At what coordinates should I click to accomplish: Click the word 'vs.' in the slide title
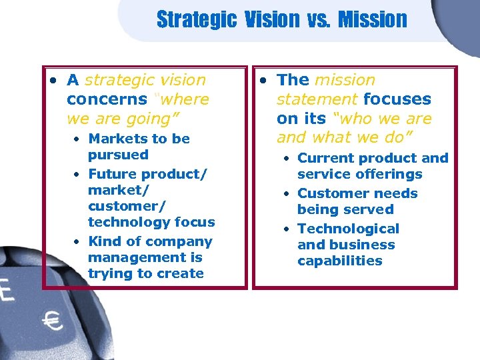318,19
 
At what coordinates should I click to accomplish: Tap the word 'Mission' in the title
372,19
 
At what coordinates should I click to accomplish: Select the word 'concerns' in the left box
107,99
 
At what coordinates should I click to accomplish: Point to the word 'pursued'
118,155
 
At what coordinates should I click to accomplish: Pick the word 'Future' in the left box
113,174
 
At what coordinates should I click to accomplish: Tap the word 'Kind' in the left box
105,241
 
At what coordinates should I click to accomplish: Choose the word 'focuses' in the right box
397,99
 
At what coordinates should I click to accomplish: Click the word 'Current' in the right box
323,158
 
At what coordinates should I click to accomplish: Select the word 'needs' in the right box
396,193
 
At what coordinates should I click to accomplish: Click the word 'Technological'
348,229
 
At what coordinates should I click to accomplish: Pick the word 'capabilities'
340,261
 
